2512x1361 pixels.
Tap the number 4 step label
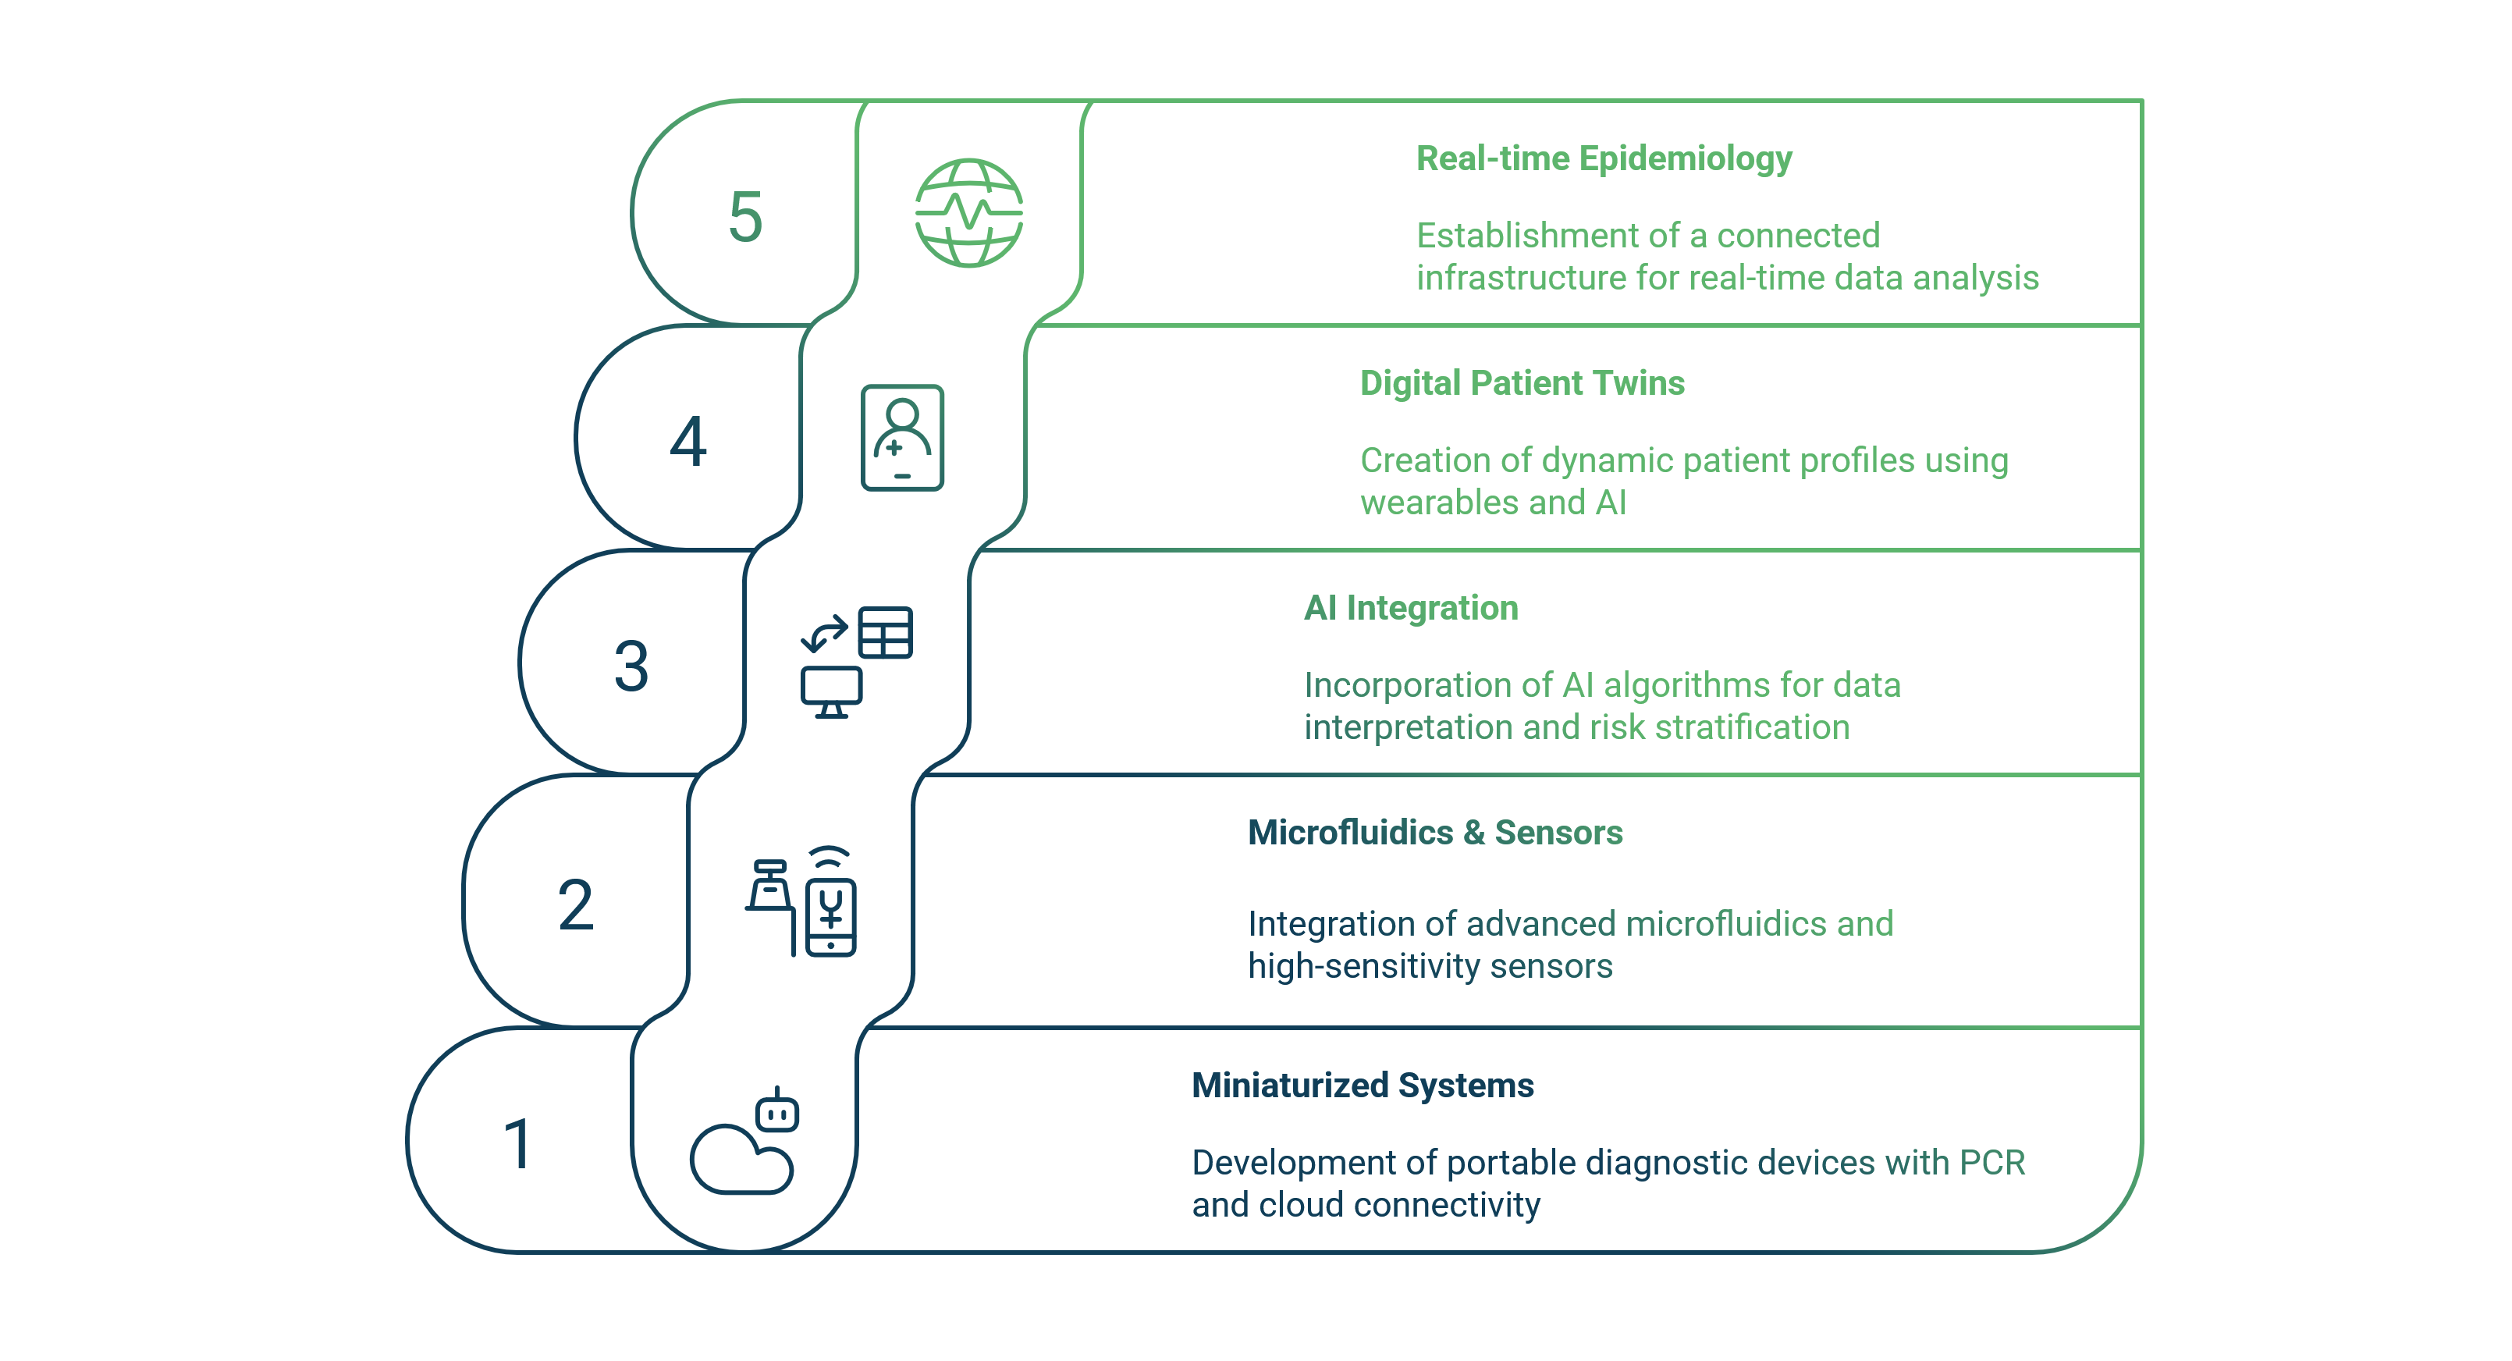688,442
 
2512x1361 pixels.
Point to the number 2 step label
575,904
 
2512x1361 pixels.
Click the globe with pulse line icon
968,212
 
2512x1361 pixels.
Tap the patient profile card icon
902,438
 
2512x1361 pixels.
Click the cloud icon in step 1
741,1160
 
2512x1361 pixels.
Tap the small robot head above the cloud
777,1111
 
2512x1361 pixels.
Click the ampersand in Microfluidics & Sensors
1473,833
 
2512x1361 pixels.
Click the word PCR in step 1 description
1992,1162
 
